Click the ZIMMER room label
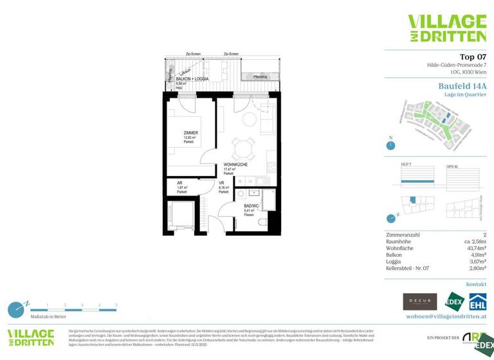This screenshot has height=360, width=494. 190,133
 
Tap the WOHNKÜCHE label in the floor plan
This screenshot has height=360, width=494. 235,165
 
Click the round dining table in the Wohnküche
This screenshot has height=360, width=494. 242,149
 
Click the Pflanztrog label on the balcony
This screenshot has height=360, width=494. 261,76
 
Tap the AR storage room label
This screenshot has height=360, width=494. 180,183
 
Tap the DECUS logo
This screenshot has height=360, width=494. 419,301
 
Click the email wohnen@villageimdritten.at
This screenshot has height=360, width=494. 446,317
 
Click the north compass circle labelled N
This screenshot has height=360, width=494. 390,145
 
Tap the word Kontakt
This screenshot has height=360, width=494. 476,283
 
